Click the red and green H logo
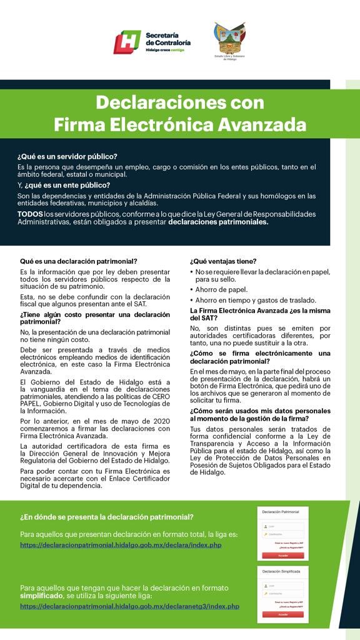tap(127, 42)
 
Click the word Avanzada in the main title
tap(263, 124)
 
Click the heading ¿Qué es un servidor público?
tap(67, 156)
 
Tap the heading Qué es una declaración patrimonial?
tap(79, 261)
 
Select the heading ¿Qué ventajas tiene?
tap(223, 261)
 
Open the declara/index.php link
tap(121, 545)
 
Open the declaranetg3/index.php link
tap(129, 606)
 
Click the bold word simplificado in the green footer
tap(43, 597)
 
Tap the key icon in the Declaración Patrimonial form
tap(266, 535)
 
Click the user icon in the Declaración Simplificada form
tap(266, 585)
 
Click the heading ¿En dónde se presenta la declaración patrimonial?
tap(106, 517)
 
